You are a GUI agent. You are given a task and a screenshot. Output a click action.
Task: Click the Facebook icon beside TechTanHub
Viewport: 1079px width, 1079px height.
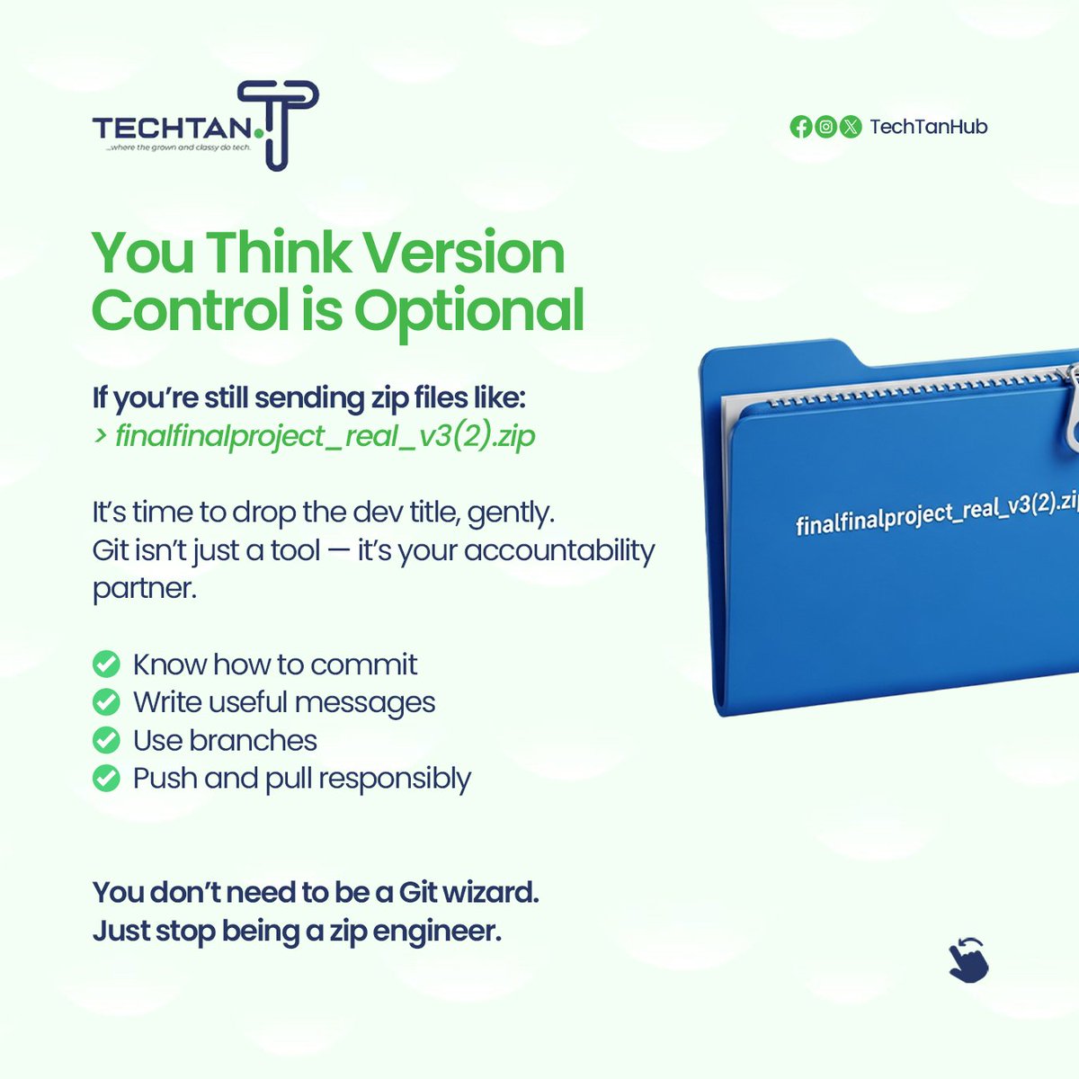click(x=800, y=127)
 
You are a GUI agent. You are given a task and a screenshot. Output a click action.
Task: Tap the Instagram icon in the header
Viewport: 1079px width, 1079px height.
click(x=825, y=127)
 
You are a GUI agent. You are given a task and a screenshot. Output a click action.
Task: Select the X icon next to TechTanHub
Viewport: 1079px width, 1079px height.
click(x=851, y=127)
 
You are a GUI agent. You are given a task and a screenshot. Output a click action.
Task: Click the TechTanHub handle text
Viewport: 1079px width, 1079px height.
click(x=929, y=127)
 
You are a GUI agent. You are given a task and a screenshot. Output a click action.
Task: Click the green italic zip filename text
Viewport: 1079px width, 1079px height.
click(x=325, y=436)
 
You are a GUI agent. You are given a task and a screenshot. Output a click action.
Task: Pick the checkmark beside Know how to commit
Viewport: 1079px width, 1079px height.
click(x=106, y=664)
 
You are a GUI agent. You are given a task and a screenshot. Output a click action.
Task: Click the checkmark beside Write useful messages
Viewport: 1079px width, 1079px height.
click(x=106, y=702)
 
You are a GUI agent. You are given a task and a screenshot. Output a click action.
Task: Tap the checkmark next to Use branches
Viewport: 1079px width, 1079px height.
click(x=106, y=740)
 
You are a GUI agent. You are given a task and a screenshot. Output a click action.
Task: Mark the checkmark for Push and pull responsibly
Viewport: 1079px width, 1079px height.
click(x=106, y=778)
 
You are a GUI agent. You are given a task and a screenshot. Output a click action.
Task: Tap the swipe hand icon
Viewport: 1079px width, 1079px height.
click(x=968, y=959)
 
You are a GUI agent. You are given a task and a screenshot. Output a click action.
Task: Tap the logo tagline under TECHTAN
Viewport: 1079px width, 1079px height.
click(x=177, y=147)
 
